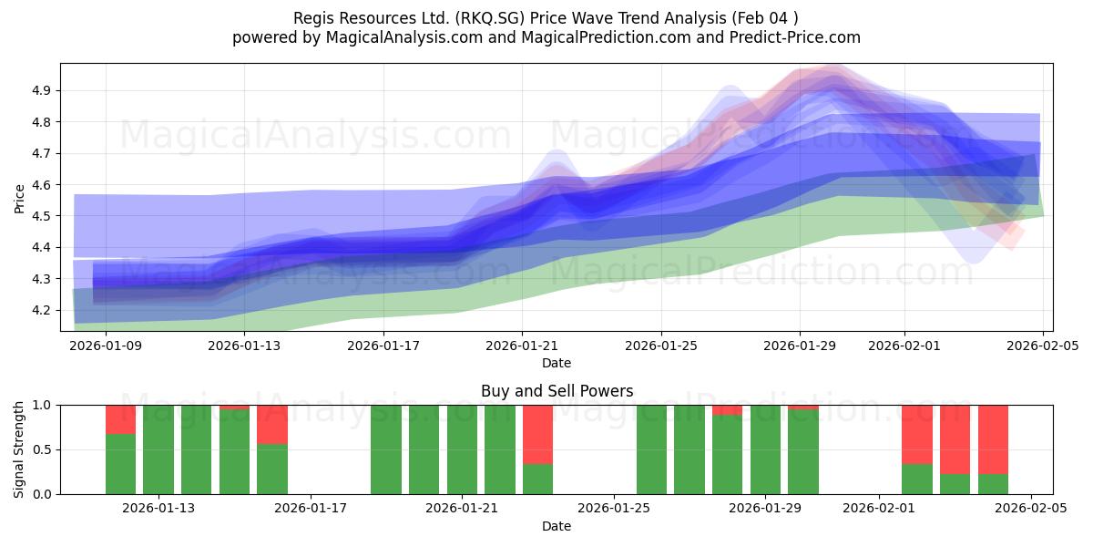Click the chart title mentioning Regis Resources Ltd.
coord(546,18)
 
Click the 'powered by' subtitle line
coord(546,37)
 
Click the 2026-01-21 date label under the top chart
coord(521,346)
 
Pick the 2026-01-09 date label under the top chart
coord(106,346)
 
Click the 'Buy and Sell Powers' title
coord(557,391)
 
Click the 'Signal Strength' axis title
coord(20,449)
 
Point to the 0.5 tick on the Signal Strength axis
coord(43,449)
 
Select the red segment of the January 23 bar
coord(537,434)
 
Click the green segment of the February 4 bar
coord(993,484)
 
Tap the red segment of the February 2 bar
coord(917,434)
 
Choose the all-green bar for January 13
coord(158,449)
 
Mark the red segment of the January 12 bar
coord(120,419)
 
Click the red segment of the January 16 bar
coord(272,424)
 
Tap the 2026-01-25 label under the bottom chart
coord(614,509)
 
